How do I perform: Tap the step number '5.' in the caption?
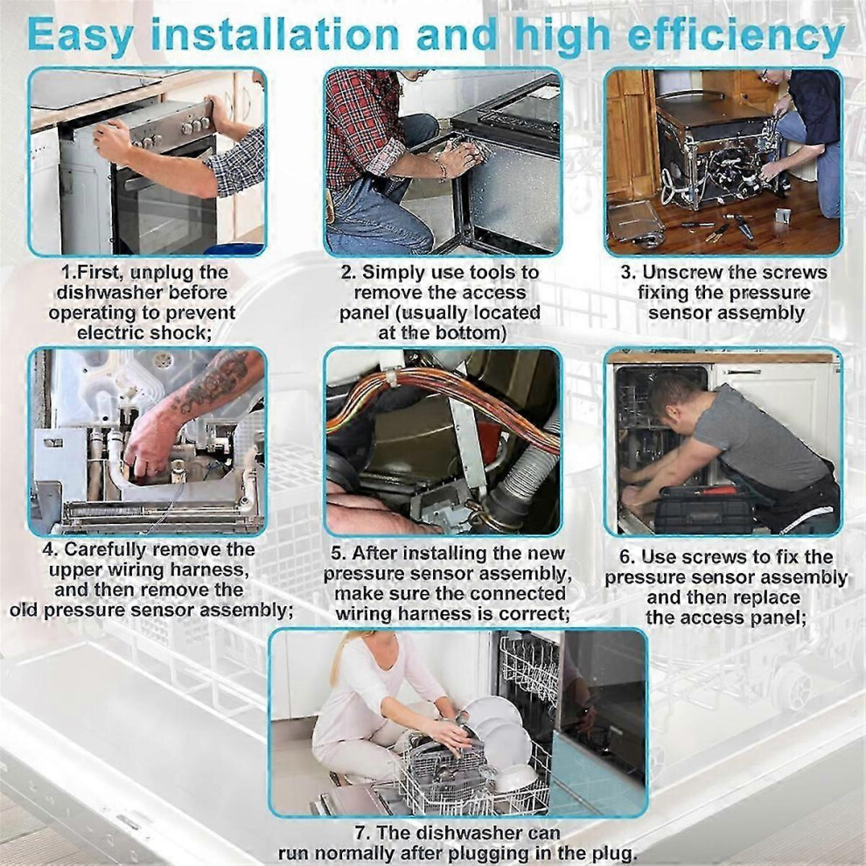pos(339,554)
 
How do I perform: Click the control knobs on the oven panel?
pos(197,126)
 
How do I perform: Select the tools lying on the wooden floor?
pos(723,227)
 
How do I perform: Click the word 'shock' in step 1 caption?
pos(181,333)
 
